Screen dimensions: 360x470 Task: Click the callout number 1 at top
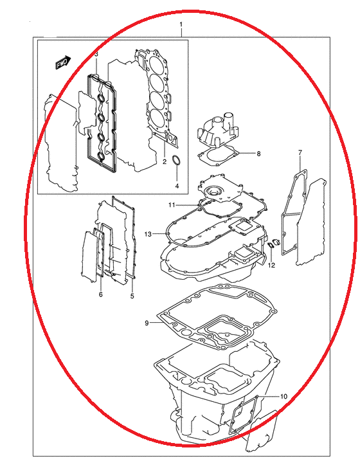[x=181, y=24]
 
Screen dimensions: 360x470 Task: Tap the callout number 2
[x=165, y=162]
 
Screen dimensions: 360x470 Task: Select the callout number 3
[x=96, y=55]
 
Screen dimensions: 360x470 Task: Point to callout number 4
[x=177, y=186]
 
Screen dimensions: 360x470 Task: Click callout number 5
[x=132, y=296]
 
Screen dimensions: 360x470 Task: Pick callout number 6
[x=101, y=294]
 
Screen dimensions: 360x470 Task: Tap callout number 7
[x=300, y=152]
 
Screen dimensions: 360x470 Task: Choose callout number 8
[x=258, y=154]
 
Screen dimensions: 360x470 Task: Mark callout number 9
[x=147, y=323]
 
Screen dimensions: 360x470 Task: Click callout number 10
[x=283, y=397]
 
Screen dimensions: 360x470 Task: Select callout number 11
[x=172, y=205]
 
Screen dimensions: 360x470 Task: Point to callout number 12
[x=271, y=266]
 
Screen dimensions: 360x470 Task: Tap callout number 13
[x=148, y=234]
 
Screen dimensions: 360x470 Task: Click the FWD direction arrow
[x=63, y=62]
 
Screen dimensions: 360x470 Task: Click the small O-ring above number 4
[x=176, y=159]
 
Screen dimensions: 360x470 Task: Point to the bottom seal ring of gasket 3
[x=101, y=156]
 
